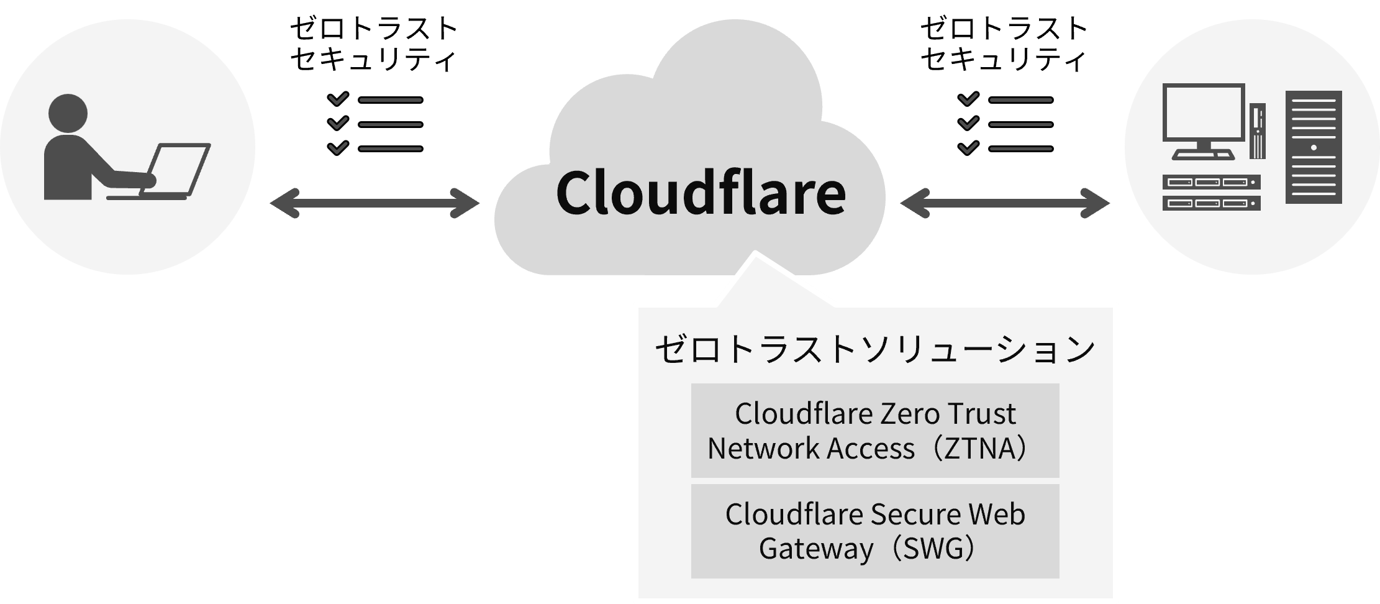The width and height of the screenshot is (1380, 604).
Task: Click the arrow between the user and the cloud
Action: click(x=375, y=204)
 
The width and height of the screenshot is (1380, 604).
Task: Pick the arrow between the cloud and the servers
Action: click(x=1004, y=204)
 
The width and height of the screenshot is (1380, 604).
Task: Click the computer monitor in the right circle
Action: click(x=1204, y=121)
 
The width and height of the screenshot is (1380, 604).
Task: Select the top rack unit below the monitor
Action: click(x=1211, y=183)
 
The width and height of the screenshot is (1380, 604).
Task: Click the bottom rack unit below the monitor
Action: click(x=1211, y=203)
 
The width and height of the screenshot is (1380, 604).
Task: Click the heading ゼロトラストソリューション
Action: click(x=875, y=350)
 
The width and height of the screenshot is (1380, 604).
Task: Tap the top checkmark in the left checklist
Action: click(x=338, y=99)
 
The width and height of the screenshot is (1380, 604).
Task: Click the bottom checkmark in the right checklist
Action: click(x=968, y=148)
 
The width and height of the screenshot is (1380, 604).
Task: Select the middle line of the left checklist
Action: click(x=390, y=124)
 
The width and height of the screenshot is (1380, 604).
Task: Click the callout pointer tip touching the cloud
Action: click(x=755, y=254)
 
